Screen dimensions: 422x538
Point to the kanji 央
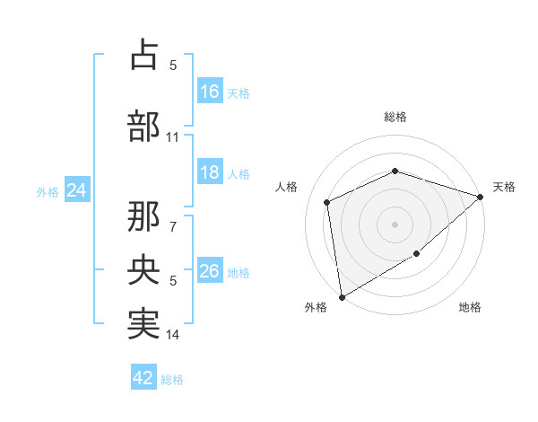point(143,270)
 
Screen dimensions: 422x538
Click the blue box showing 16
point(210,92)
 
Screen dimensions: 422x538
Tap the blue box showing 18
point(210,173)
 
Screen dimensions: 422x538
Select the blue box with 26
point(210,271)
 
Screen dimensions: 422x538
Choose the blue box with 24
point(77,190)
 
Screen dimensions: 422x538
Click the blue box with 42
point(143,379)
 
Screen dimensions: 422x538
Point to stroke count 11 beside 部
point(173,137)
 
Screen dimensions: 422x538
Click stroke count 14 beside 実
point(173,335)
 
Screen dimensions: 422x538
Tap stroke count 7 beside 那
point(173,218)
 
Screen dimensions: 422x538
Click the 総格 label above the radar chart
point(395,117)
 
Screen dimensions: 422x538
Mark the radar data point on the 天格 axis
point(481,197)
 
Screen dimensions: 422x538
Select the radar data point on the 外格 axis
point(342,296)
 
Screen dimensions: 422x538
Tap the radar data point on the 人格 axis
point(327,202)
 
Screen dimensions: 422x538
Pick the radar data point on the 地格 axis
point(417,255)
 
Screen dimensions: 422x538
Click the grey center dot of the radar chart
point(395,224)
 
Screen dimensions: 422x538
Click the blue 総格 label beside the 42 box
point(172,380)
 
